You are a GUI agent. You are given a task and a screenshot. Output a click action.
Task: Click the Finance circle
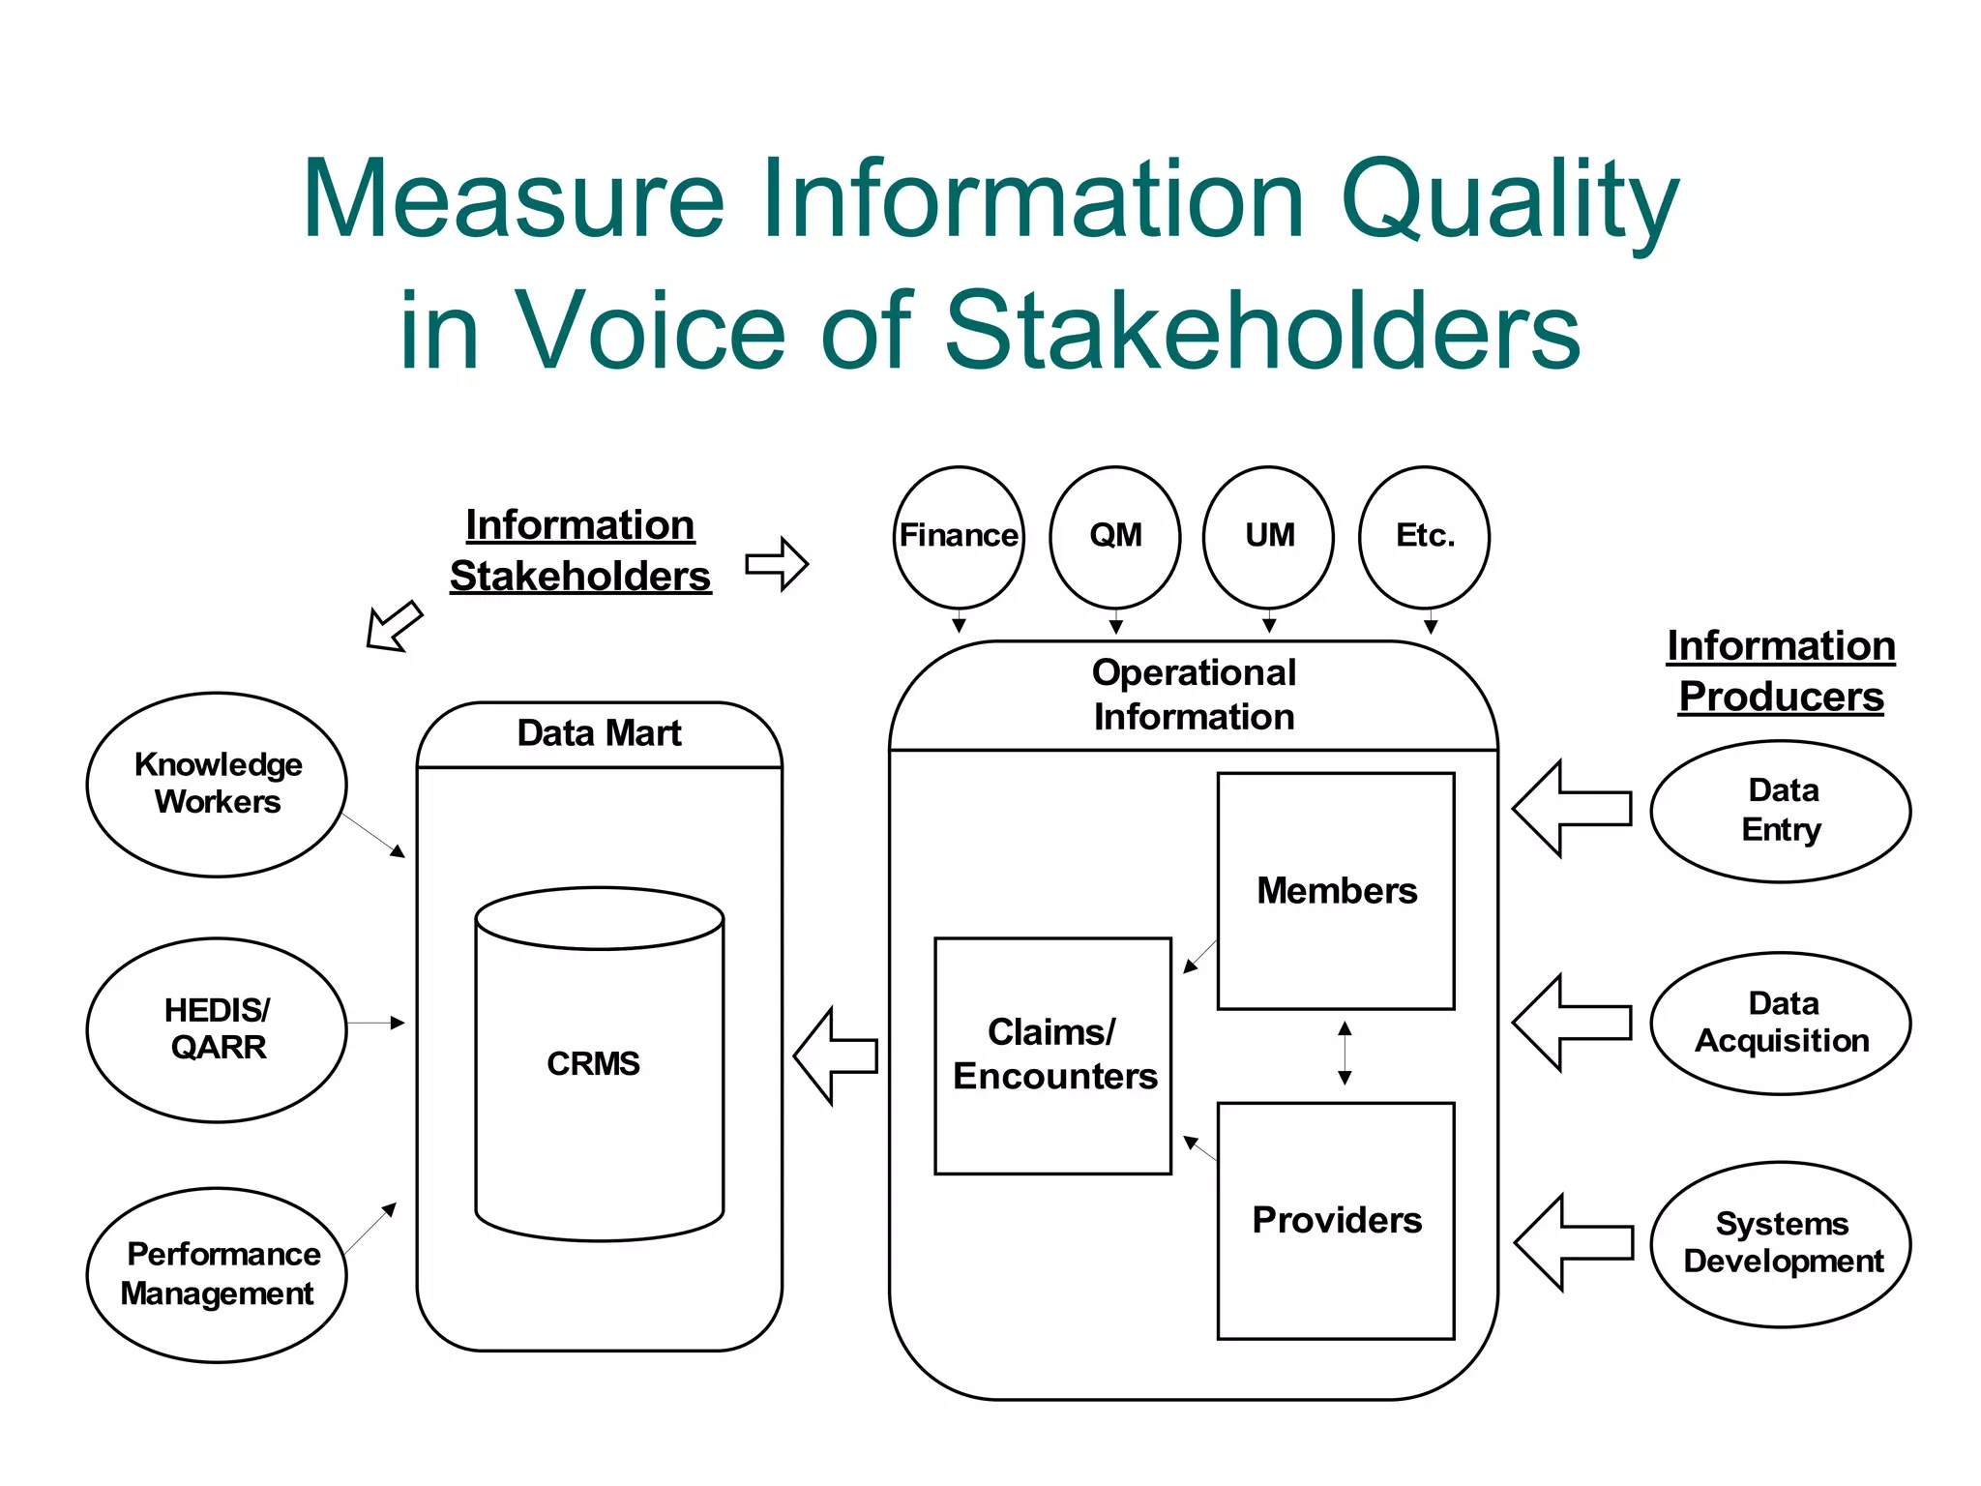click(959, 536)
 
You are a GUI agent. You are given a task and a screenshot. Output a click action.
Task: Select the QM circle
click(1115, 536)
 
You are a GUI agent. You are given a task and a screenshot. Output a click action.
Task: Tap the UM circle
click(1269, 536)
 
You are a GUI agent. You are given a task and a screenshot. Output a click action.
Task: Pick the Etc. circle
click(1425, 536)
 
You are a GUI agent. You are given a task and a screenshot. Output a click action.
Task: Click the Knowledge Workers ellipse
click(218, 784)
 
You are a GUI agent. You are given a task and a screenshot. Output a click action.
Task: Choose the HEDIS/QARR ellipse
click(218, 1029)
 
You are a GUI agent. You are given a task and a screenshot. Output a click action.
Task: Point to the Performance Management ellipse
click(218, 1274)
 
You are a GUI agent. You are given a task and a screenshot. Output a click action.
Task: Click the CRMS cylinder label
click(593, 1064)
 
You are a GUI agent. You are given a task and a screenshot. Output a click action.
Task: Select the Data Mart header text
click(599, 733)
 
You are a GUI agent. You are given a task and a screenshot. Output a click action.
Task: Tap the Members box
click(1336, 891)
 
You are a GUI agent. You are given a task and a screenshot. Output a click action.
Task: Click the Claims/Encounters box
click(1053, 1055)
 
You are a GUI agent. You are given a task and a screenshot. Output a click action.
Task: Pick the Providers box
click(1336, 1221)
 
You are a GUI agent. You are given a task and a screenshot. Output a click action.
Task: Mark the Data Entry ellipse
click(1781, 811)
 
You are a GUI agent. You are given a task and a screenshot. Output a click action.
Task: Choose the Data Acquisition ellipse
click(1781, 1023)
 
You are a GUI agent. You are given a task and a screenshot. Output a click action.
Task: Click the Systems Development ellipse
click(1781, 1244)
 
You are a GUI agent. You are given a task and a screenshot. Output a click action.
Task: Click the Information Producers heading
click(1781, 671)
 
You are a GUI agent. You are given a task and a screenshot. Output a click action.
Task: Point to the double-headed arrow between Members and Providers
click(1345, 1054)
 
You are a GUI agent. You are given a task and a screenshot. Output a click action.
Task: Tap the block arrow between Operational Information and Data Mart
click(836, 1055)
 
